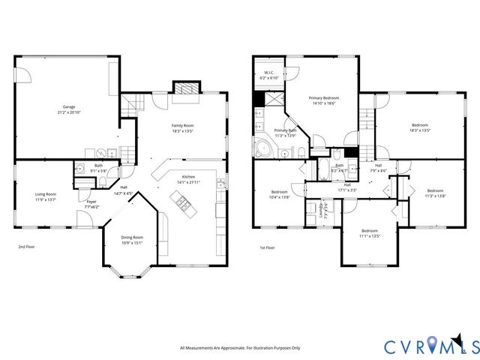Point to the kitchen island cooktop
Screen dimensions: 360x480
coord(181,201)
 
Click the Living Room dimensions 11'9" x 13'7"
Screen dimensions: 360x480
coord(46,199)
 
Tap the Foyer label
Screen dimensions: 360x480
coord(91,201)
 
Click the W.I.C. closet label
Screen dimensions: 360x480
coord(268,73)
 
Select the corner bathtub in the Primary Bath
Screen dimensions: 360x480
coord(264,147)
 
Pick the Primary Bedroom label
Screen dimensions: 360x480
coord(325,98)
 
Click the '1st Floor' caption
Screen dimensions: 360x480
coord(268,247)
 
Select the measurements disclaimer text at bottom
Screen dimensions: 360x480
coord(239,348)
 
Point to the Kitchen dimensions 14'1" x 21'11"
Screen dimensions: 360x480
coord(187,182)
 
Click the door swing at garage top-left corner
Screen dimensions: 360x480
coord(23,74)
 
